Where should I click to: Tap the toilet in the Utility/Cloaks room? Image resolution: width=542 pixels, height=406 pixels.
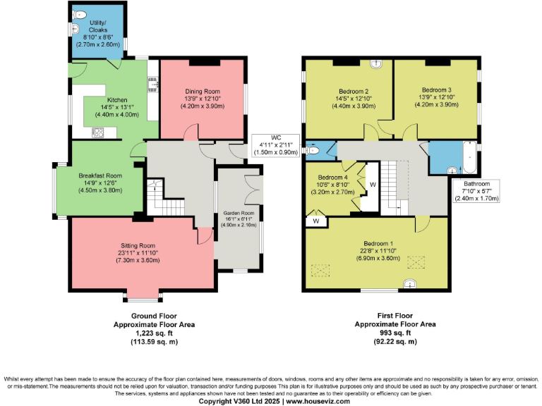coord(80,13)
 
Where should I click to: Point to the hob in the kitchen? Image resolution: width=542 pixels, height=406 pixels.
coord(98,131)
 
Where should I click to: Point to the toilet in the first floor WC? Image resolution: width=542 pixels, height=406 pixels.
coord(311,150)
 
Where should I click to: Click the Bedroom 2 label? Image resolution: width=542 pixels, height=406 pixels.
coord(354,91)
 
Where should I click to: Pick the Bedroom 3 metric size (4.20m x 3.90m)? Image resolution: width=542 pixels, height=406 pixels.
coord(435,105)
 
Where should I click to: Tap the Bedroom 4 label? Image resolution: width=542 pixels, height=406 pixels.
coord(332,177)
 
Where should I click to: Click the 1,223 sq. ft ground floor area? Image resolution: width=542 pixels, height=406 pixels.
coord(154,333)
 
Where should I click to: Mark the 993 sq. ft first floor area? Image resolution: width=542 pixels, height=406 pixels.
coord(395,333)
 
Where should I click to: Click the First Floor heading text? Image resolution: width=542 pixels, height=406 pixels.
coord(395,316)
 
